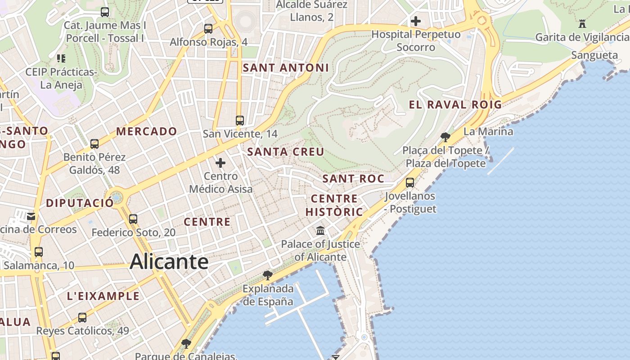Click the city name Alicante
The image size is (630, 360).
pos(169,261)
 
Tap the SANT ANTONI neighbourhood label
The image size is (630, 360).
pos(286,68)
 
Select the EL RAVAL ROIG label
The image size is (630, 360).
pos(455,105)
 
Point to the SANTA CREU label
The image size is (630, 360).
pos(286,152)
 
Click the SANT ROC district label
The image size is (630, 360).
pos(353,179)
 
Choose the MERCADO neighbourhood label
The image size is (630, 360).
pos(147,131)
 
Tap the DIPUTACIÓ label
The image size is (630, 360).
pos(80,203)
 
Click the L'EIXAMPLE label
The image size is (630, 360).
pos(103,296)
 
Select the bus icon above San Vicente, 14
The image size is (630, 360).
pos(240,121)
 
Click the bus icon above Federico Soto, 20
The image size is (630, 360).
pos(133,219)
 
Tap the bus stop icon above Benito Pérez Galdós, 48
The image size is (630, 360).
pos(94,144)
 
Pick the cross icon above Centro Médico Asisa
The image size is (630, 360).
pos(220,163)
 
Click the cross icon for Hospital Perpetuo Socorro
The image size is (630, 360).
pos(416,21)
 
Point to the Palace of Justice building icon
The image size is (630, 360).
pos(320,231)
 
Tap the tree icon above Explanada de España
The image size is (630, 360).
pos(268,275)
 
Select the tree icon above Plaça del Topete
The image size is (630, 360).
pos(445,137)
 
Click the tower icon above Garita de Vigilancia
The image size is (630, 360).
pos(582,23)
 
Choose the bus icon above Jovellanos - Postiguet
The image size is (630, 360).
pos(410,183)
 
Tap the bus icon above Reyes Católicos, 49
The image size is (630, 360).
pos(82,318)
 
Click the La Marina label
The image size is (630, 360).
pos(488,131)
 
